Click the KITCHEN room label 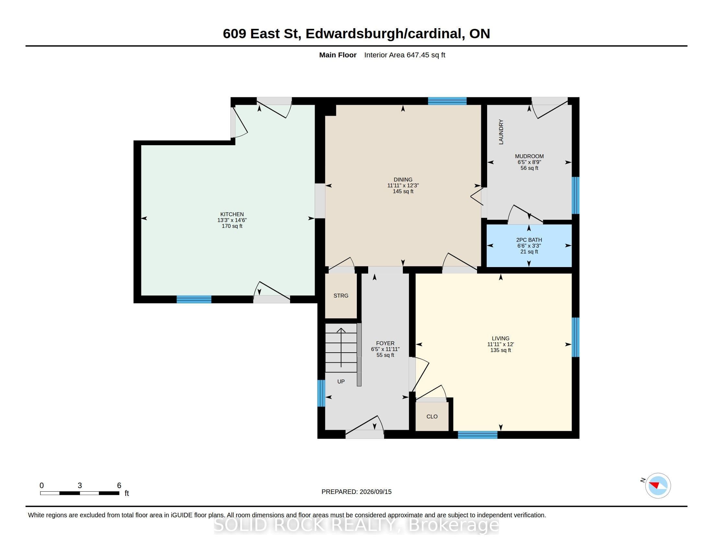(x=232, y=214)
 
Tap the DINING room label (x=403, y=180)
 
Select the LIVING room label (x=500, y=338)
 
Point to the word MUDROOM (x=529, y=156)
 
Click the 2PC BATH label (x=529, y=240)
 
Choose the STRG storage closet (x=341, y=295)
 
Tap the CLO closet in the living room (x=432, y=416)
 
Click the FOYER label (x=385, y=343)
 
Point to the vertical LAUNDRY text (x=501, y=132)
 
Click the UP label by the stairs (x=341, y=381)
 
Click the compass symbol (x=658, y=486)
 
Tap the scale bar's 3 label (x=80, y=486)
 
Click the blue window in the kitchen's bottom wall (x=194, y=299)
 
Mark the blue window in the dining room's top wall (x=447, y=101)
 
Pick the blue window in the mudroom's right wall (x=576, y=195)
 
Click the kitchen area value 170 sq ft (x=232, y=226)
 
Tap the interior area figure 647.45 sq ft (x=426, y=55)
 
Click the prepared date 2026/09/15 (x=375, y=492)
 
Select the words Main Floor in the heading (x=338, y=55)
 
